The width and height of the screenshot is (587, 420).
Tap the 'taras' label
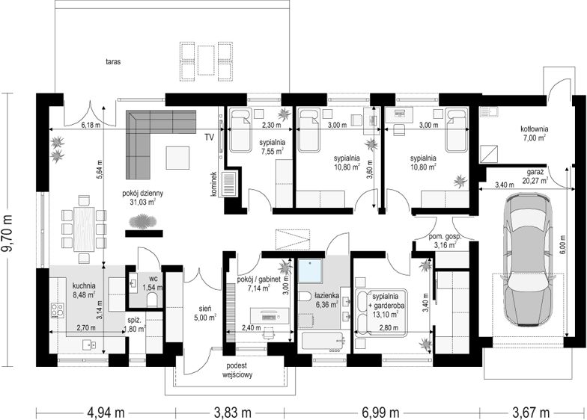point(112,62)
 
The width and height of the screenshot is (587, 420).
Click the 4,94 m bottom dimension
point(106,413)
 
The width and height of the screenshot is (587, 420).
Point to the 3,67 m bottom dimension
point(531,413)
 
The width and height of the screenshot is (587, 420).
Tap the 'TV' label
point(209,138)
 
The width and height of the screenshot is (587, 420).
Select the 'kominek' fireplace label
point(214,184)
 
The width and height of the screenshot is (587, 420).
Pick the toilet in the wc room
point(152,299)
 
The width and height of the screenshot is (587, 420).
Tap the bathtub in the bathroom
point(323,343)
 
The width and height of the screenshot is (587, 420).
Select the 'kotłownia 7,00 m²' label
point(535,133)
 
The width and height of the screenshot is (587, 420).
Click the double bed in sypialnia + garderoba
point(381,312)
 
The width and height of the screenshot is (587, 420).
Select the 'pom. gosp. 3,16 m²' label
point(445,241)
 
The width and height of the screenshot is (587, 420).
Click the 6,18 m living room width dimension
point(91,126)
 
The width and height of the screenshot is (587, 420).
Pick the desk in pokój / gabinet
point(270,315)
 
